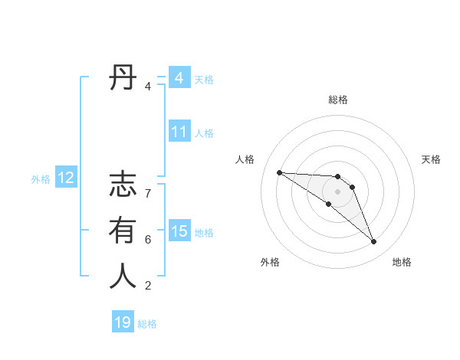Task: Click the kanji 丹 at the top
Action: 123,78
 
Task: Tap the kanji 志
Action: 123,186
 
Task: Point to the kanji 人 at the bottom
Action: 123,276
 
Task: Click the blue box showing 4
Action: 179,78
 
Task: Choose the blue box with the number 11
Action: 179,132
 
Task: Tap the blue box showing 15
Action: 179,231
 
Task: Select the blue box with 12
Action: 66,178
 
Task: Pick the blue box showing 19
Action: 123,322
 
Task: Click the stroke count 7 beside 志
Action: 148,194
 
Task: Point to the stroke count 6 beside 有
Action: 148,240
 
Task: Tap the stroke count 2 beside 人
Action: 148,286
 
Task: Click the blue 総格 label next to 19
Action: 147,324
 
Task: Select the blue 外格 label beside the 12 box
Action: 41,179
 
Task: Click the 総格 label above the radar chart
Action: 338,100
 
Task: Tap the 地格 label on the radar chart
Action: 402,262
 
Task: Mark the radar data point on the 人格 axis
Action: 279,172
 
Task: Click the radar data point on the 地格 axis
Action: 374,242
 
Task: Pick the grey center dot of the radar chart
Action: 338,191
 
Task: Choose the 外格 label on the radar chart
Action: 270,262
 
